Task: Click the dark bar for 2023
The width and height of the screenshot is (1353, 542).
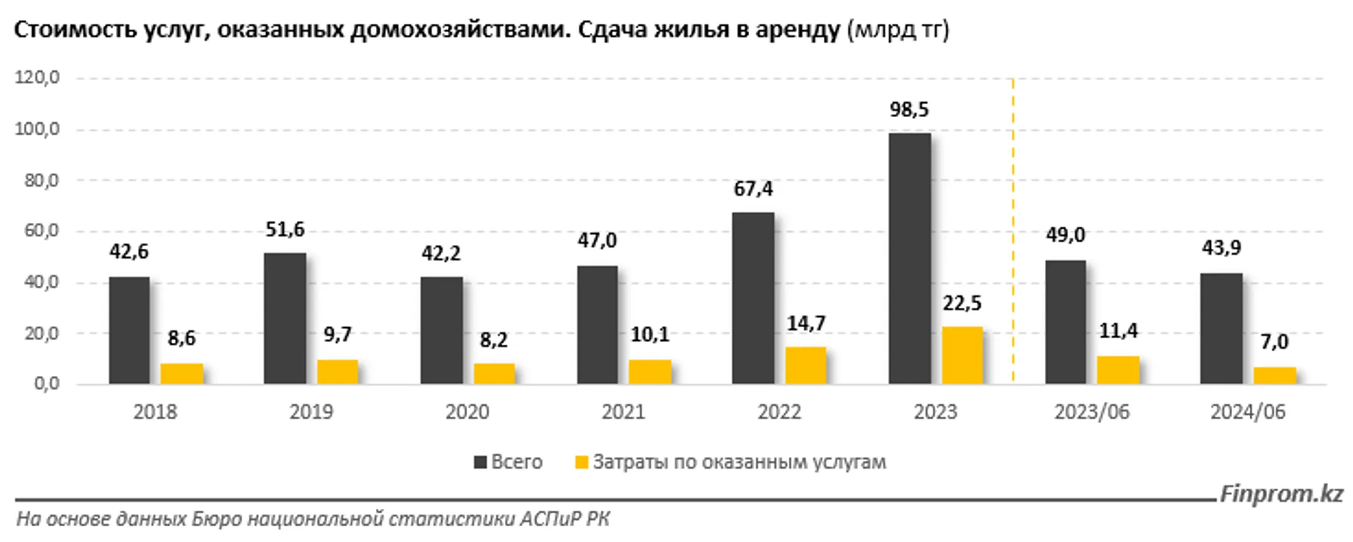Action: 910,258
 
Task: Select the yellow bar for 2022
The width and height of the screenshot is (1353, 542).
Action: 806,365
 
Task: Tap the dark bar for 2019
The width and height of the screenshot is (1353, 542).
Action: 285,318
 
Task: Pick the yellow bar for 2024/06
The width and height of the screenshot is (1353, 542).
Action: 1275,375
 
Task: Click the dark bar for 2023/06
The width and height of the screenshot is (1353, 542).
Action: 1065,322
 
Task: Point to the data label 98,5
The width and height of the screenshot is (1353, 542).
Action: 910,110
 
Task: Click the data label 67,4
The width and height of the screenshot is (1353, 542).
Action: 753,189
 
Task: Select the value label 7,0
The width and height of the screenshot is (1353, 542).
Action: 1275,342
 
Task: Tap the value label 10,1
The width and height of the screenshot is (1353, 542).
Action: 650,335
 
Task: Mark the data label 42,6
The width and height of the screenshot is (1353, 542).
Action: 129,252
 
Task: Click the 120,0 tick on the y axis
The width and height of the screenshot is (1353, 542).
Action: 38,78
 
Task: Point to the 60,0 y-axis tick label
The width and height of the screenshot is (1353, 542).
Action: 38,231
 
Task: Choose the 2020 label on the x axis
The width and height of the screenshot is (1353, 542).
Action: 467,412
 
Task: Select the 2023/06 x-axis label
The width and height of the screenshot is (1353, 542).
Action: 1092,412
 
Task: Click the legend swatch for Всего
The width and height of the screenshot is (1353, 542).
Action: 480,462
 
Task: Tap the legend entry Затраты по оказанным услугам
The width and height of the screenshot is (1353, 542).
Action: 739,462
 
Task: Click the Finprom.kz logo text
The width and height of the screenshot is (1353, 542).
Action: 1281,494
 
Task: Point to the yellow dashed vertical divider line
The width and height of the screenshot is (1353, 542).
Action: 1013,232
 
